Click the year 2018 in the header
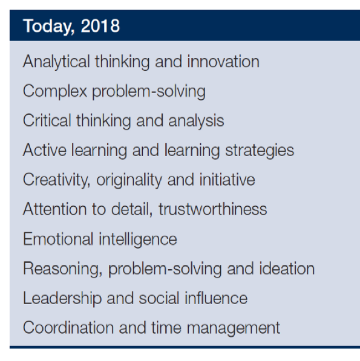click(x=100, y=26)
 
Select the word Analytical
click(x=56, y=62)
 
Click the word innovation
click(x=223, y=62)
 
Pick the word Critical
click(x=47, y=120)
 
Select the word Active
click(x=45, y=150)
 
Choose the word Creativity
click(x=57, y=180)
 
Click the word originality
click(x=129, y=180)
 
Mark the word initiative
click(x=227, y=180)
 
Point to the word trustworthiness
click(x=212, y=209)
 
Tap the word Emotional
click(x=58, y=238)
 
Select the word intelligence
click(x=138, y=239)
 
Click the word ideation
click(x=287, y=268)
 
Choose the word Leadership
click(x=62, y=299)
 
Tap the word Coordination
click(x=68, y=327)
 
